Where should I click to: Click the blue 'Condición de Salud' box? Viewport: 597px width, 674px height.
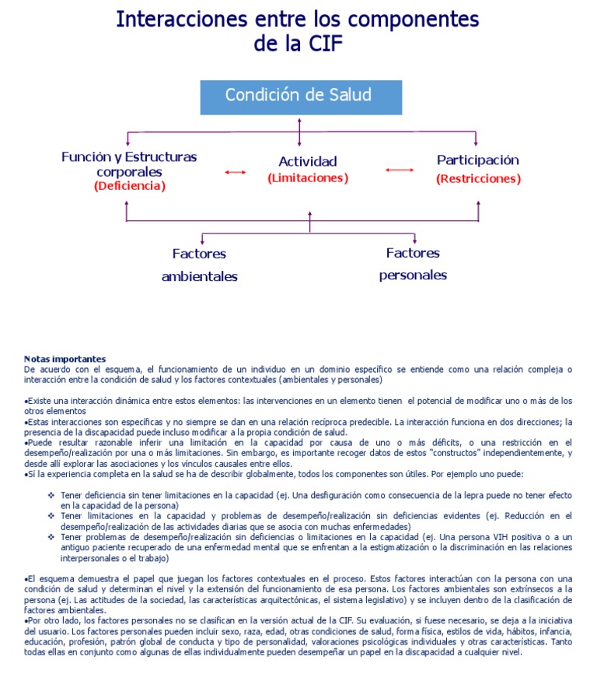click(298, 96)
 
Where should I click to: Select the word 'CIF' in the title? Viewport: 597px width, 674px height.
click(319, 44)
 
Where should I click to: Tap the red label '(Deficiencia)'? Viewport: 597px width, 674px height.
click(130, 186)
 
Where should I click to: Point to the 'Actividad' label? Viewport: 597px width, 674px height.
click(308, 161)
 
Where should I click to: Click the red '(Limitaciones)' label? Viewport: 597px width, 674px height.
click(308, 178)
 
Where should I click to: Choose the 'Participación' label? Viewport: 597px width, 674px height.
click(477, 160)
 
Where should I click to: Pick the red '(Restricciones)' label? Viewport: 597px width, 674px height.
click(478, 178)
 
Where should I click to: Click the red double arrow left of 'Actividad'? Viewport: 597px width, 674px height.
click(235, 172)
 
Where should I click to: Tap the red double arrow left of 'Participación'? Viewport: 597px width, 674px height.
click(400, 170)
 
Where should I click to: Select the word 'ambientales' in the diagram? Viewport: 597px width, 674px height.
click(200, 276)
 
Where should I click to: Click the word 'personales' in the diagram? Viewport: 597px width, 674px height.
click(413, 275)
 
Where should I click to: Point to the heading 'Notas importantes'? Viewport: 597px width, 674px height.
click(65, 358)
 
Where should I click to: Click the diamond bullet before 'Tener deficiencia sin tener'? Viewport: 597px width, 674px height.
click(52, 495)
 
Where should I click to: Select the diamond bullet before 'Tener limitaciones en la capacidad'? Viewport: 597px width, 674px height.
click(52, 515)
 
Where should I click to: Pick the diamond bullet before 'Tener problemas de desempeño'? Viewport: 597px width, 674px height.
click(52, 536)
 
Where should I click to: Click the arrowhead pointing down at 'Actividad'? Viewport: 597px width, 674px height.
click(300, 142)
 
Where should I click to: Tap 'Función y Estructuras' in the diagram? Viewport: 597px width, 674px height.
click(129, 156)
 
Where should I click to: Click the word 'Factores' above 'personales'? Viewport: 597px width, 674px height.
click(413, 253)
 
